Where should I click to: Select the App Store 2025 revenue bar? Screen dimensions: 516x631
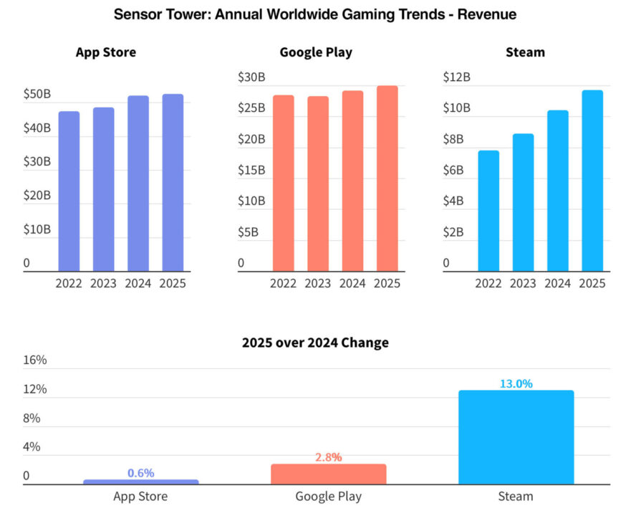click(173, 182)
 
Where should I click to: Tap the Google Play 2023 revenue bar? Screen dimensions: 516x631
click(318, 183)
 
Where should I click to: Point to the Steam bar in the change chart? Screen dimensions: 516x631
click(516, 437)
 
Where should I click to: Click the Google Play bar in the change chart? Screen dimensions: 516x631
click(329, 474)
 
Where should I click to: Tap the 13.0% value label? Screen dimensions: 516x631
click(516, 383)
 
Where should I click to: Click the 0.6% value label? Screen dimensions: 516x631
click(141, 473)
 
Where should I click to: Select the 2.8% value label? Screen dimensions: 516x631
click(329, 457)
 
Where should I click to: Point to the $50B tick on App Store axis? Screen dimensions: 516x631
click(37, 94)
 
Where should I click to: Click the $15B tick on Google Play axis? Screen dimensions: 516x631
click(251, 171)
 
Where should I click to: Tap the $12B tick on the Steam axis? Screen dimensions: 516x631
click(456, 77)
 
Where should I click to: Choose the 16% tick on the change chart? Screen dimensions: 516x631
click(35, 360)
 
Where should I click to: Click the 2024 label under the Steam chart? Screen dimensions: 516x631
click(558, 283)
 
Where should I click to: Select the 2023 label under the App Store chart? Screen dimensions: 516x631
click(104, 283)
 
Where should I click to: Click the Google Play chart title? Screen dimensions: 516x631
click(316, 52)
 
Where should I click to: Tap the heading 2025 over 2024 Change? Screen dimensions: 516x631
click(315, 343)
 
